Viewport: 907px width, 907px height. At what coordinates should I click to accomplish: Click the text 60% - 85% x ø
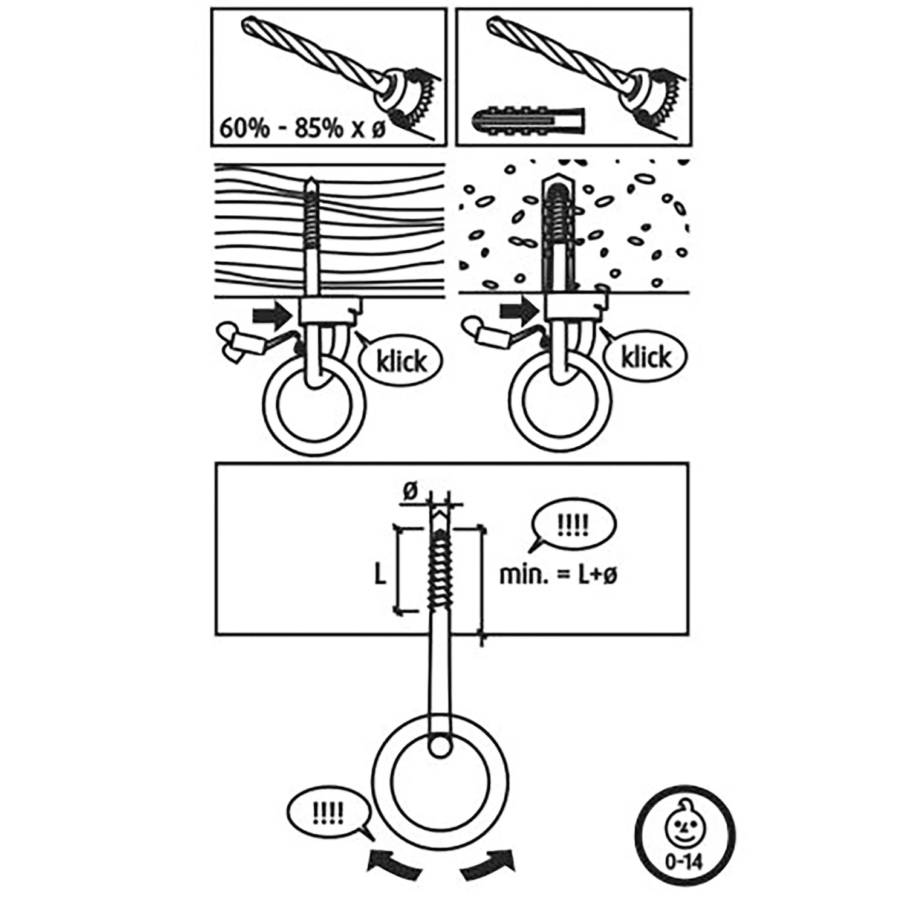coord(302,128)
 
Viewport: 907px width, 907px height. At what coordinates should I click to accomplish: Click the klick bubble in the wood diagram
coord(400,361)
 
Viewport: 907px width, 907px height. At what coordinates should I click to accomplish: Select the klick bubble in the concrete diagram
coord(646,357)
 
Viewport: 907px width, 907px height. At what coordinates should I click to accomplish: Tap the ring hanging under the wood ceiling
coord(314,405)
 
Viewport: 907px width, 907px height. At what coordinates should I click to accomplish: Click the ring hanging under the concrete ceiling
coord(560,401)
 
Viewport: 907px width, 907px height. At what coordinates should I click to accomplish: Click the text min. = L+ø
coord(558,574)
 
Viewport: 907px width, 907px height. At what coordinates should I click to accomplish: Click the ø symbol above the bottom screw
coord(411,493)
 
